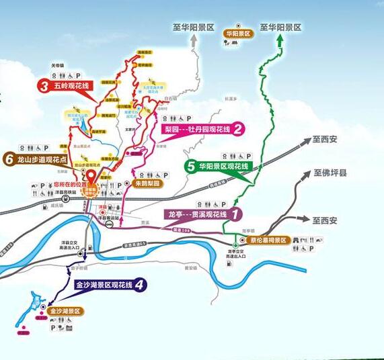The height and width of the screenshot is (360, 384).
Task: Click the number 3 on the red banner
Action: pyautogui.click(x=42, y=87)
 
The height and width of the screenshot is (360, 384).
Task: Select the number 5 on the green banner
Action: pyautogui.click(x=192, y=167)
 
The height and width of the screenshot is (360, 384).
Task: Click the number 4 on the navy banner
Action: pyautogui.click(x=139, y=285)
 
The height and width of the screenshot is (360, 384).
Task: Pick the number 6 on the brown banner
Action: pyautogui.click(x=9, y=159)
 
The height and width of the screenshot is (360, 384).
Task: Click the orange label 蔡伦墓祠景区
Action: pyautogui.click(x=268, y=240)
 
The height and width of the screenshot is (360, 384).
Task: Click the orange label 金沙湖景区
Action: pyautogui.click(x=65, y=311)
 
